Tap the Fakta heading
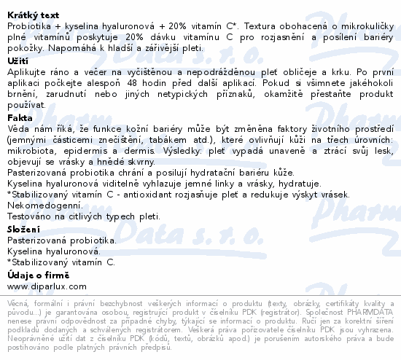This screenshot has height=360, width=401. (x=20, y=117)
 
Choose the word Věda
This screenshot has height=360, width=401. (x=18, y=128)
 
